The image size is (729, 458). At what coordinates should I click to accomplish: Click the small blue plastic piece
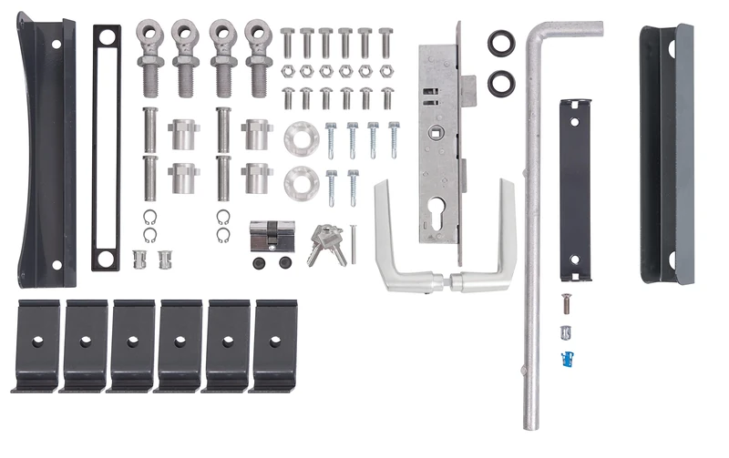(x=570, y=359)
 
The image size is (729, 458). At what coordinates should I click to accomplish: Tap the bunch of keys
(x=325, y=244)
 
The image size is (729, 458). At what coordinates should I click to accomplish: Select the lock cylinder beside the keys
(x=272, y=236)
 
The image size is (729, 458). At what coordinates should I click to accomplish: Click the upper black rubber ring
(x=500, y=43)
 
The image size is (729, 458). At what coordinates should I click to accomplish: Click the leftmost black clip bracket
(x=37, y=346)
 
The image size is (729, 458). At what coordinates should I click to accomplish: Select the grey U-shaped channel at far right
(x=666, y=153)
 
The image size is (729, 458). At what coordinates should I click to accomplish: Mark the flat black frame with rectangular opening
(x=106, y=148)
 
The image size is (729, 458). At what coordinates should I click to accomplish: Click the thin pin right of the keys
(x=353, y=244)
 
